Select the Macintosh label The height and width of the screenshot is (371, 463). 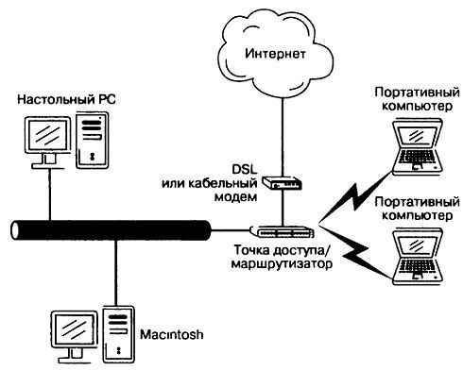tap(173, 336)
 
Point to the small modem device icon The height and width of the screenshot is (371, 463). tap(282, 185)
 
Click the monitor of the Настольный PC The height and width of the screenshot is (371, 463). tap(44, 138)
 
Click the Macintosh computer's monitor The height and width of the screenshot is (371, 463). tap(73, 329)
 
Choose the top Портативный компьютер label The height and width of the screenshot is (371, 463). tap(412, 99)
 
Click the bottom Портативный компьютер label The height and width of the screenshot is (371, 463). tap(412, 209)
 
